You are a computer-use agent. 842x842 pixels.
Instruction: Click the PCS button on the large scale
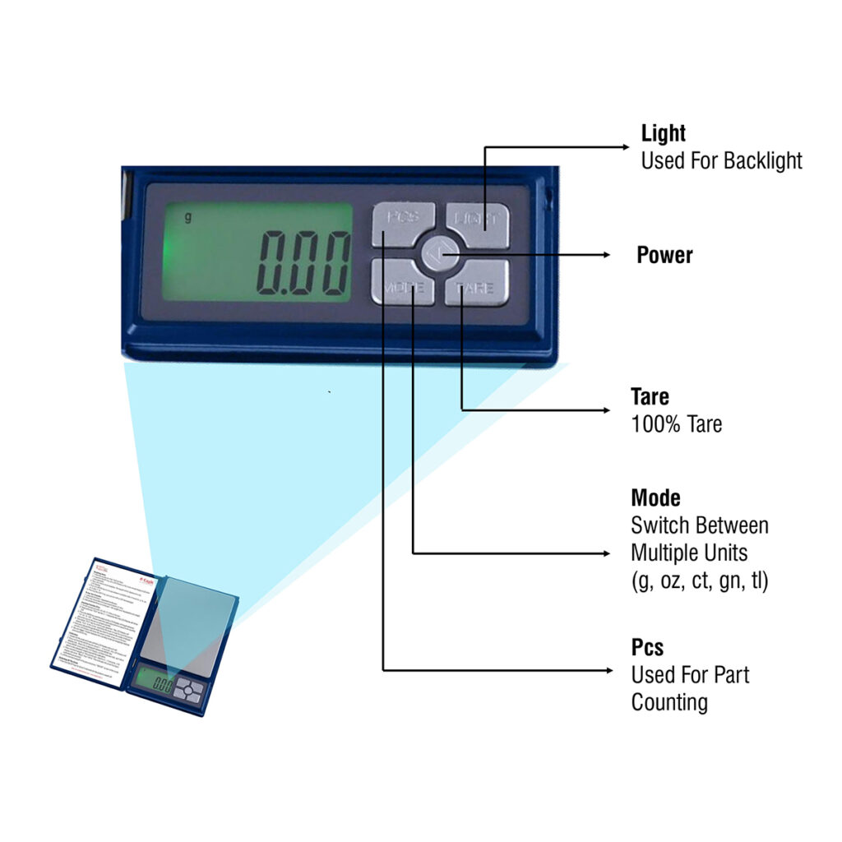click(x=402, y=223)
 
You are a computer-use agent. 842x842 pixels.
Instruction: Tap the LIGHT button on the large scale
click(x=479, y=223)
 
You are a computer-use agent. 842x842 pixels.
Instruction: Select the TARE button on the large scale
click(x=477, y=285)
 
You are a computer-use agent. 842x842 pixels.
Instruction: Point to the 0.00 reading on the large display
click(x=303, y=263)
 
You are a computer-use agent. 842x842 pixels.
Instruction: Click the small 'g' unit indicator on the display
click(x=187, y=218)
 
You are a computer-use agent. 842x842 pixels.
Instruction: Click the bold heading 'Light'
click(x=663, y=133)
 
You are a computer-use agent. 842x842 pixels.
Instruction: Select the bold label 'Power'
click(x=664, y=255)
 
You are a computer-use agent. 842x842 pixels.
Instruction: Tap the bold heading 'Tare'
click(x=650, y=397)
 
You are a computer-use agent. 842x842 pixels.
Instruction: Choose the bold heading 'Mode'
click(x=655, y=498)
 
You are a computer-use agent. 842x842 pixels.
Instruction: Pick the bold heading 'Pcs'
click(x=647, y=648)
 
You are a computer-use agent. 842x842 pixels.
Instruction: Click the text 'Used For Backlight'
click(x=721, y=160)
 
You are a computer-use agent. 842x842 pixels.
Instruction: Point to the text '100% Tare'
click(x=676, y=425)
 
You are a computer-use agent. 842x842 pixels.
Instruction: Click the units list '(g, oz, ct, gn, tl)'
click(x=699, y=581)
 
